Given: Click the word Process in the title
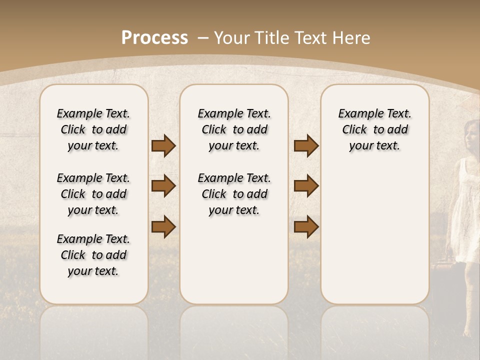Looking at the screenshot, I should coord(154,38).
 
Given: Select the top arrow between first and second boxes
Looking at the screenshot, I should coord(163,146).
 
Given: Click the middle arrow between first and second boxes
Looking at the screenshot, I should coord(163,186).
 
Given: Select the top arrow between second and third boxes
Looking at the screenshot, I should coord(306,146).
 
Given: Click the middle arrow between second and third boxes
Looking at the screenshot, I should coord(306,186).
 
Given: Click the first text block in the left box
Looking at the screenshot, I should coord(93,129).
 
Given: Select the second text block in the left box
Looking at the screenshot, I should coord(93,194).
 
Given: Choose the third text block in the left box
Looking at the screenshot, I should coord(93,255).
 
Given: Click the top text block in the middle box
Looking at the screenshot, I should coord(234,129).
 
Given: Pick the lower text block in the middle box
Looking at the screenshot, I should coord(234,194).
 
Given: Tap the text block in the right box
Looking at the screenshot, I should coord(374,129).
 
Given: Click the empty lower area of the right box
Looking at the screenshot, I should coord(374,235).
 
